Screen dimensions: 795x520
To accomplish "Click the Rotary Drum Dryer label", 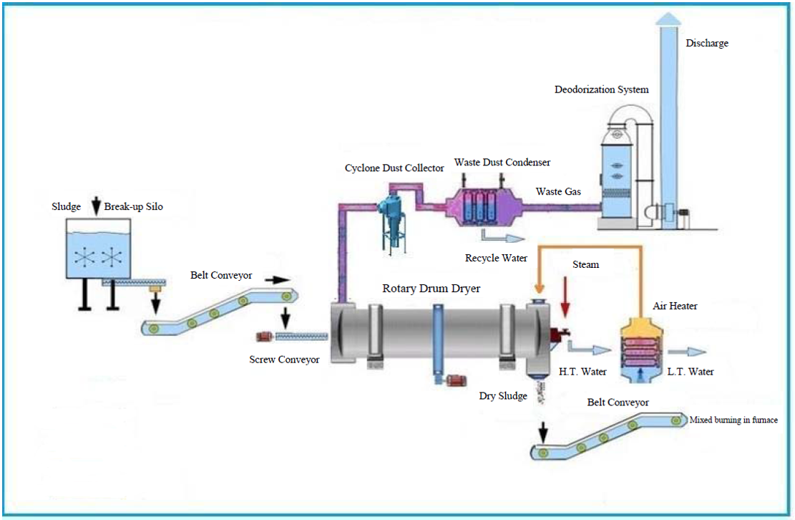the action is point(431,289).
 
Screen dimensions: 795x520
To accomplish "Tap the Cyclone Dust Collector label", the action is point(394,168).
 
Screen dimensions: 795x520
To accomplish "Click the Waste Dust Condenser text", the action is point(502,163).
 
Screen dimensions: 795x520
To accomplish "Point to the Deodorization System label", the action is point(601,90).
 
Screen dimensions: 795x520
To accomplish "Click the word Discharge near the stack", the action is point(707,43).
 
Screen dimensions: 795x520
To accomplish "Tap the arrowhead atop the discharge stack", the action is point(668,19).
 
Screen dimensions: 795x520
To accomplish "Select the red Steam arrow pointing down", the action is point(565,297).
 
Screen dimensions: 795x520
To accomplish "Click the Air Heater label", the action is point(675,306).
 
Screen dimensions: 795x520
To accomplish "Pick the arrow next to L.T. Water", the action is point(687,352).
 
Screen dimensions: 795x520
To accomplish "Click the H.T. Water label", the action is point(582,372).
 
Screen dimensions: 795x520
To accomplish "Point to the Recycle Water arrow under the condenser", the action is point(502,236).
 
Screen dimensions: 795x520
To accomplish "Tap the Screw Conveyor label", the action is point(284,360).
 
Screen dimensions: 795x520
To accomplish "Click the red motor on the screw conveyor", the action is point(265,336).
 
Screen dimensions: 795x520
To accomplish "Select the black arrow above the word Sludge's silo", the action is point(96,206).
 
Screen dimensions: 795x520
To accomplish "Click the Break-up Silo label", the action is point(133,206).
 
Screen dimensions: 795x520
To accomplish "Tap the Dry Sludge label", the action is point(503,395).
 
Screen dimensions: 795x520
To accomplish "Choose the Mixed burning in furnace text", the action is point(733,420).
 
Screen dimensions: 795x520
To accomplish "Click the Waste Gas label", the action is point(558,192).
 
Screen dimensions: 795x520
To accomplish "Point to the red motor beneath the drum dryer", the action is point(456,380).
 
